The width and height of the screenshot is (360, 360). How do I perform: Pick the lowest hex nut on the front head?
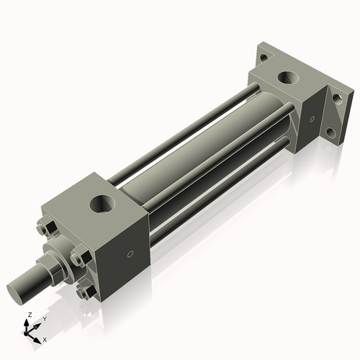(88, 292)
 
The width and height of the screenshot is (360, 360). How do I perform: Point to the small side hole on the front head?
(130, 254)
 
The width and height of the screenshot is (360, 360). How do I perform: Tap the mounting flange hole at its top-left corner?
(264, 55)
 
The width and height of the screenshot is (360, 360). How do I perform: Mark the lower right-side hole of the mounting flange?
(333, 132)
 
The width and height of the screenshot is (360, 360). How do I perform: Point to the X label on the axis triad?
(45, 338)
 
